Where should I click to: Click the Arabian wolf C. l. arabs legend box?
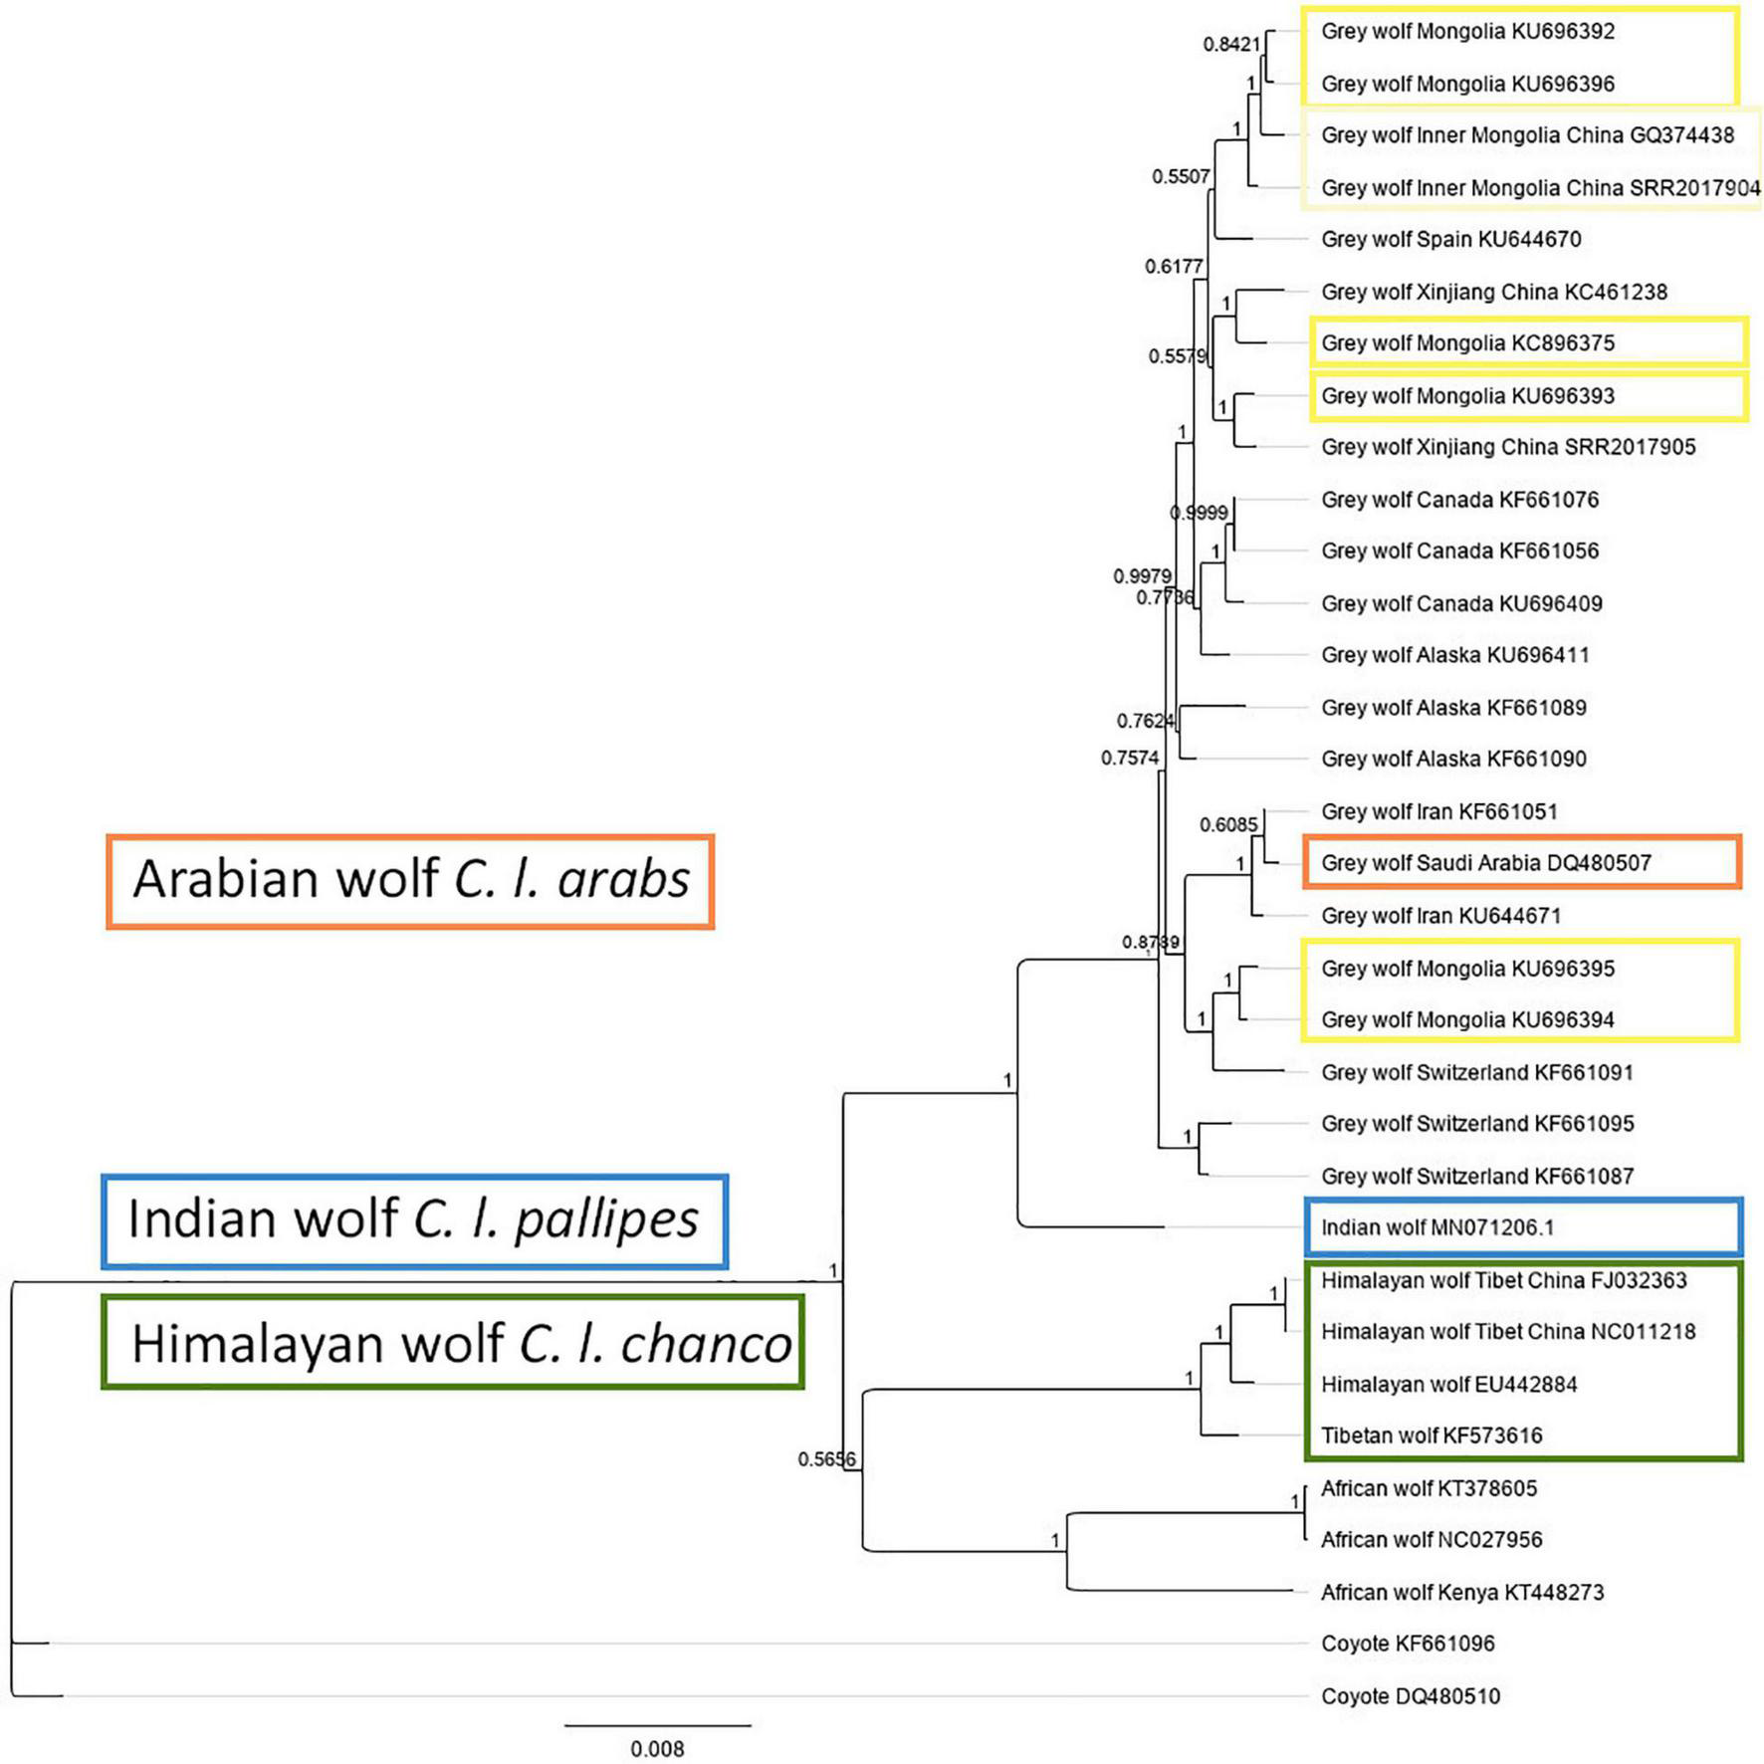pos(410,882)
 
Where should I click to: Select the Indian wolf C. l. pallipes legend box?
pos(414,1220)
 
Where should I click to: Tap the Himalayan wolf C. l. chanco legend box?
pos(453,1342)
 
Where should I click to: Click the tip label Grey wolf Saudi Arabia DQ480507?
pos(1485,863)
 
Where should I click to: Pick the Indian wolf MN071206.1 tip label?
pos(1436,1227)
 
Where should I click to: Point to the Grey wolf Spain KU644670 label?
pos(1450,239)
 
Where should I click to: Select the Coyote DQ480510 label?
pos(1410,1696)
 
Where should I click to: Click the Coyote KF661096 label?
pos(1408,1644)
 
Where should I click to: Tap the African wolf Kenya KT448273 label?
pos(1461,1592)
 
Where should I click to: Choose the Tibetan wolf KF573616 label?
pos(1432,1435)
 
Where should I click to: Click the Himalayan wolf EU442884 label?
pos(1448,1384)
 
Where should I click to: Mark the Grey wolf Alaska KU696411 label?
pos(1454,655)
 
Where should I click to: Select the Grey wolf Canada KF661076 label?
pos(1459,500)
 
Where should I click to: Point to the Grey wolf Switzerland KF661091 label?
pos(1476,1072)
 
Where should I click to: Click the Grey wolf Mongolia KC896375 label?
pos(1467,343)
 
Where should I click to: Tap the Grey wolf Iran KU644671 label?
pos(1440,916)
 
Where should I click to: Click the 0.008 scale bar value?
pos(657,1749)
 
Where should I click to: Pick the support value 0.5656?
pos(825,1459)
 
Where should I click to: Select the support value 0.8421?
pos(1230,44)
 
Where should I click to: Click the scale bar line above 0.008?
pos(657,1725)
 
